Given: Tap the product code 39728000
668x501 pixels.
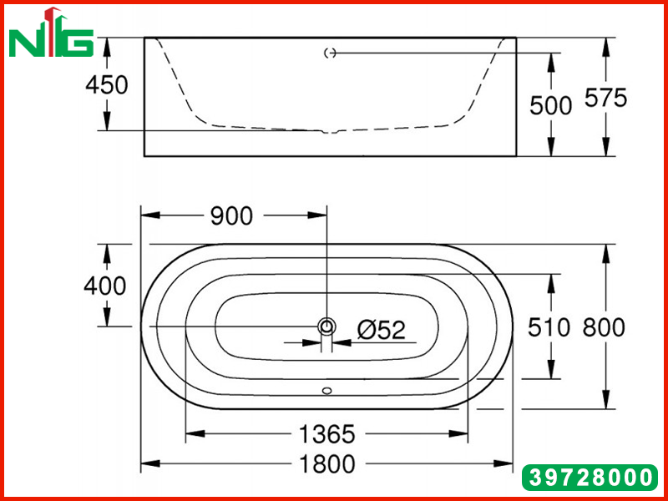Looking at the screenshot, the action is pyautogui.click(x=590, y=478).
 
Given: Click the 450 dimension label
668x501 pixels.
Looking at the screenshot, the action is pyautogui.click(x=107, y=85).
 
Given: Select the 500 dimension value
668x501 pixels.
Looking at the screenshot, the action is pyautogui.click(x=550, y=105).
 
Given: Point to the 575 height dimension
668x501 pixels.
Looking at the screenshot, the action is pyautogui.click(x=606, y=98).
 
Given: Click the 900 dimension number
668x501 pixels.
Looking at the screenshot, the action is pyautogui.click(x=232, y=216).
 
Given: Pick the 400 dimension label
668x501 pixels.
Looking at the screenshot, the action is pyautogui.click(x=105, y=286).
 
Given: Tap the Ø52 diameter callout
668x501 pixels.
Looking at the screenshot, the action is pyautogui.click(x=382, y=330).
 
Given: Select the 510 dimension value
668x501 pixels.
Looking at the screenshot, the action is pyautogui.click(x=549, y=327).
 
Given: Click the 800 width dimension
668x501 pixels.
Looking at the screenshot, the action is pyautogui.click(x=604, y=327).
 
